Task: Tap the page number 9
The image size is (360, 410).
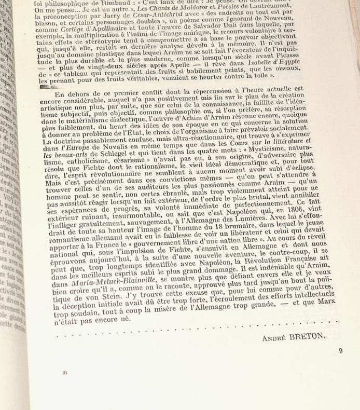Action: click(x=340, y=350)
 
